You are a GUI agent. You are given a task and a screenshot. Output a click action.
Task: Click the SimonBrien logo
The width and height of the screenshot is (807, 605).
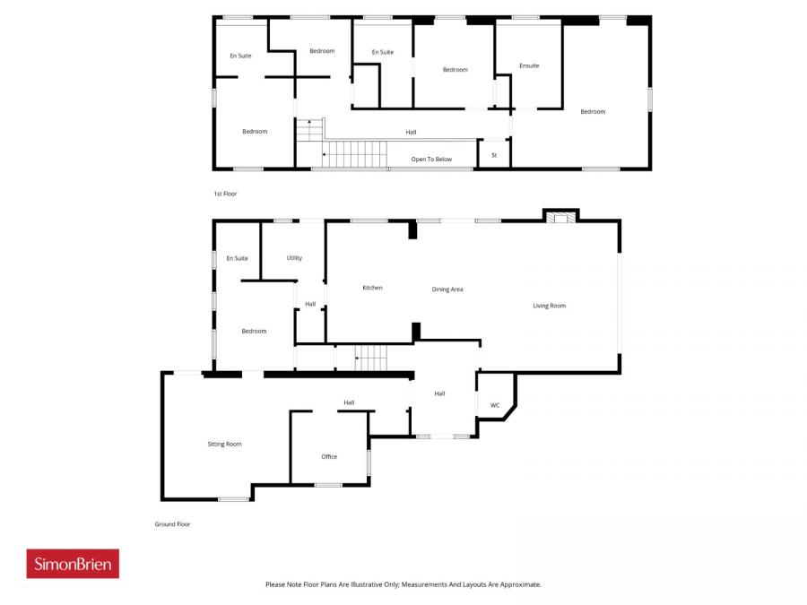[x=73, y=564]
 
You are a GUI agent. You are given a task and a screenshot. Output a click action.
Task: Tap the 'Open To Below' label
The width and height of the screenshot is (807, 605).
[x=431, y=160]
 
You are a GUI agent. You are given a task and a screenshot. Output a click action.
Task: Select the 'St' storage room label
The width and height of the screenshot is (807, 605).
[x=494, y=155]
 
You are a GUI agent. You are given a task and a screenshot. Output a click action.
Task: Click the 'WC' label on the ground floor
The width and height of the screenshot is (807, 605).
[x=495, y=405]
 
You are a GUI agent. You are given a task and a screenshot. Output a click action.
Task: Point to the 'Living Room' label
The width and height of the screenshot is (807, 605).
[x=549, y=306]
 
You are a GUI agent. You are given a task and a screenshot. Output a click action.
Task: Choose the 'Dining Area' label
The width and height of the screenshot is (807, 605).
[x=447, y=290]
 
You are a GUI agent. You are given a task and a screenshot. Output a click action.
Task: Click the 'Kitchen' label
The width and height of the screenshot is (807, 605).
[x=372, y=288]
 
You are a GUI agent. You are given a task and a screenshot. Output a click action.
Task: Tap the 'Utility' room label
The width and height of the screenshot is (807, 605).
[x=294, y=258]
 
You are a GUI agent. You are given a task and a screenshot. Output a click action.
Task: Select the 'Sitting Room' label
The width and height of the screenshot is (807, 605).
[x=224, y=444]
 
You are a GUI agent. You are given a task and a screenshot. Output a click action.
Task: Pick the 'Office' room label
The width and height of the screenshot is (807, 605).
[x=329, y=456]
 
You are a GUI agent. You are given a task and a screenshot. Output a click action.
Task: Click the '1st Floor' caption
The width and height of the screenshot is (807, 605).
[x=224, y=194]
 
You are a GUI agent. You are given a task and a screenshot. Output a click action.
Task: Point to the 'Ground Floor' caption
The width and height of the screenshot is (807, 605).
[x=173, y=524]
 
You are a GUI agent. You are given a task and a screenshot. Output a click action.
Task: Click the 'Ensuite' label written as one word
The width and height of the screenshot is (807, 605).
[x=529, y=65]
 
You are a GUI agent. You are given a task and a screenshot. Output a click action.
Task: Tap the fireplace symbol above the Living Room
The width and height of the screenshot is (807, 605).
[x=560, y=216]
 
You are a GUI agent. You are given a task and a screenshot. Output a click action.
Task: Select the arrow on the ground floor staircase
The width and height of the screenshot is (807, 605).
[x=358, y=359]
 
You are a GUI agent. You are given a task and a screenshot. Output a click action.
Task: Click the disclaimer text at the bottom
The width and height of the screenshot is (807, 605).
[x=403, y=584]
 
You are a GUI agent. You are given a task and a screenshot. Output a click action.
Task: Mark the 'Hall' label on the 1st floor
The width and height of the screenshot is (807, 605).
[x=411, y=133]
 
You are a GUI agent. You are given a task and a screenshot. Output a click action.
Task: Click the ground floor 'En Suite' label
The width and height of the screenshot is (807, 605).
[x=237, y=258]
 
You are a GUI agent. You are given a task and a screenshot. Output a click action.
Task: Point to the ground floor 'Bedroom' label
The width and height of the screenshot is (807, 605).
[x=254, y=331]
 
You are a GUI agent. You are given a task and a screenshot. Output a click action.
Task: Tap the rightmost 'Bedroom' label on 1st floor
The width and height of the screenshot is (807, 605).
[x=593, y=112]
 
